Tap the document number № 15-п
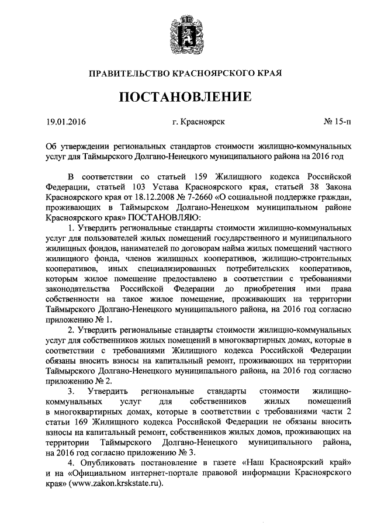338,122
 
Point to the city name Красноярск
199,122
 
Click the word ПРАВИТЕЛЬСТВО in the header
130,74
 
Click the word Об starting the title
51,146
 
